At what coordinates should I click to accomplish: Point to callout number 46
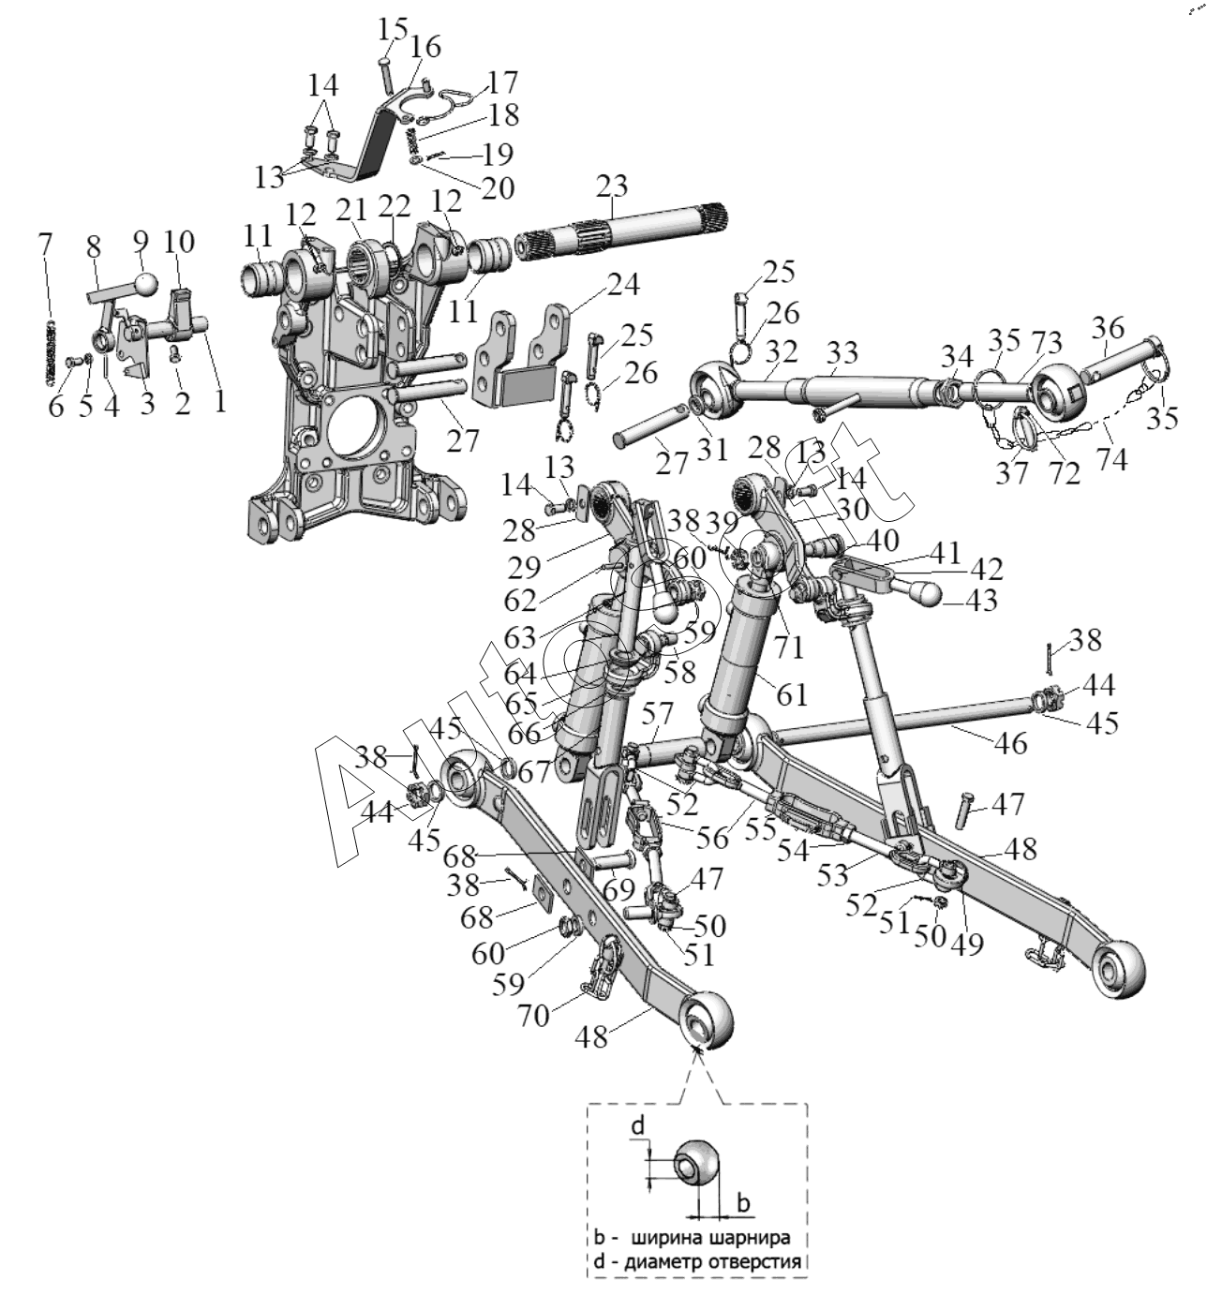pos(1010,743)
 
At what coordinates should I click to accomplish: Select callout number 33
pos(842,354)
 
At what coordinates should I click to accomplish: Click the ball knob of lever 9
pos(144,282)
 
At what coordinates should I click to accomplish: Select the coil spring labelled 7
pos(52,351)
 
